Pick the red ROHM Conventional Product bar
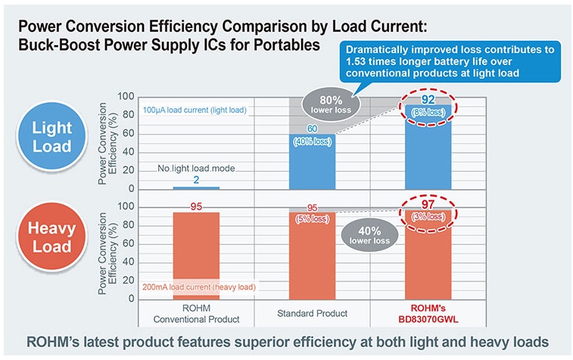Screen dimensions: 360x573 [x=197, y=257]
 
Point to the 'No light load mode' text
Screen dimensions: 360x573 [x=197, y=169]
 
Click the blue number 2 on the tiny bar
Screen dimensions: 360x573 [x=197, y=180]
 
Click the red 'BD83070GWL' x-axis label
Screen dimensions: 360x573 [x=428, y=318]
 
